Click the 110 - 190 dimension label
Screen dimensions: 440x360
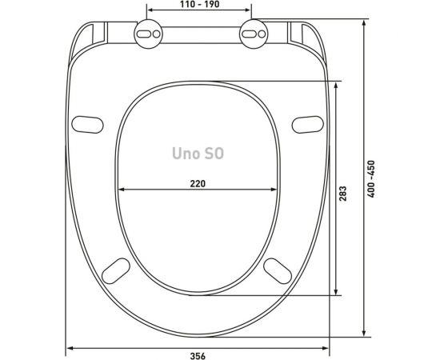pos(199,4)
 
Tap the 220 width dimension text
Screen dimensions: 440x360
pos(198,184)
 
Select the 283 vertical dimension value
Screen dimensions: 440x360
pos(343,194)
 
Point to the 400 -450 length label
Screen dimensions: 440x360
pos(371,179)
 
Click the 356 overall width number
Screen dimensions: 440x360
pos(198,356)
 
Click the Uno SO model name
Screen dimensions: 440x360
pos(198,154)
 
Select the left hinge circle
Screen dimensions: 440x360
pos(149,34)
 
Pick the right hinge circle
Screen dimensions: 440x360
pos(254,34)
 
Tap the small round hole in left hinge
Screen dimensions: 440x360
pos(157,34)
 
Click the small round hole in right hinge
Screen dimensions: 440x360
pos(262,34)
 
